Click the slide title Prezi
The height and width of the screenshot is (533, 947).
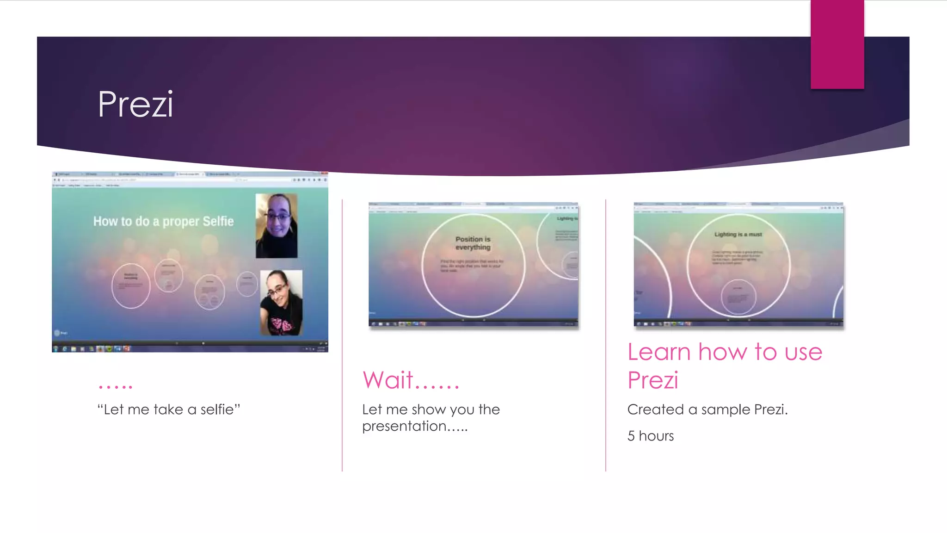(x=135, y=104)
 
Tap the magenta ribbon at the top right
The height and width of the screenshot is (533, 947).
(x=837, y=44)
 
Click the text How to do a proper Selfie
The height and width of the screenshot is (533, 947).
(x=163, y=221)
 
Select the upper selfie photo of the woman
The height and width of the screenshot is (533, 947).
(x=277, y=225)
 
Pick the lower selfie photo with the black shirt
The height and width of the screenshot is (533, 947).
(x=281, y=302)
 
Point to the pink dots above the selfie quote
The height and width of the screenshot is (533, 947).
(x=116, y=385)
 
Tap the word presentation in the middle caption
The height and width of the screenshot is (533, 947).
(x=404, y=426)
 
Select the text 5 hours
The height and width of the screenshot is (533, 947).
(x=650, y=436)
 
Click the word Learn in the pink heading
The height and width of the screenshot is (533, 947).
(x=659, y=352)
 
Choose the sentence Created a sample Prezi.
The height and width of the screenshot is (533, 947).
(x=707, y=409)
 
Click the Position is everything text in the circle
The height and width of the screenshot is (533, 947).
(x=473, y=243)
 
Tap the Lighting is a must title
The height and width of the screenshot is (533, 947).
(x=738, y=235)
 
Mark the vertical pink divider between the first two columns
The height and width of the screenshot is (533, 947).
(x=342, y=335)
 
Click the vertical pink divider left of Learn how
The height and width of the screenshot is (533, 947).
(x=606, y=335)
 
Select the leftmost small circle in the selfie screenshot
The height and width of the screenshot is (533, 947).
(x=131, y=285)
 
